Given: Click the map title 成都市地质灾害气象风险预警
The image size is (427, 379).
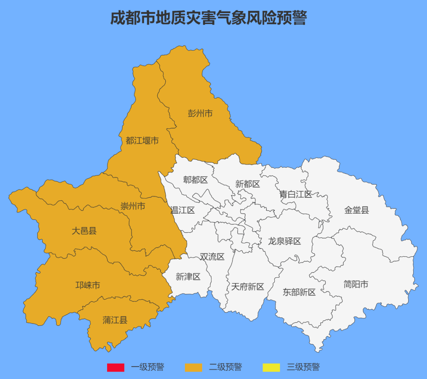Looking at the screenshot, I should pos(208,18).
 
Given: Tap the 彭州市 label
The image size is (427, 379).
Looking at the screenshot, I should pos(200,114).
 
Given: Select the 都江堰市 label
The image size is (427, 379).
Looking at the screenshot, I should pos(142,140).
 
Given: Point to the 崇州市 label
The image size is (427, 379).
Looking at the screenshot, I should pos(133,206).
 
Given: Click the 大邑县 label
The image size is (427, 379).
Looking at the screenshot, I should pos(84,231).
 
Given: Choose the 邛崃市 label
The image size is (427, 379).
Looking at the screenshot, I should pos(88,285).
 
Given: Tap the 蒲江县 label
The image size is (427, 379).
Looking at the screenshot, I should pos(115,320).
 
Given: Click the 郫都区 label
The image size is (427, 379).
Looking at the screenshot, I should pos(195,180).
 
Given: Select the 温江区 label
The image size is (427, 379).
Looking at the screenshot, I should pos(183,210).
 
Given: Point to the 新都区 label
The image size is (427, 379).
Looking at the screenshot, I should pos(248,184).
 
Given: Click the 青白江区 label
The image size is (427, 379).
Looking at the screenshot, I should pos(296,194).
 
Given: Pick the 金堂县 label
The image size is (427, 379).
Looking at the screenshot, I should pos(357,210).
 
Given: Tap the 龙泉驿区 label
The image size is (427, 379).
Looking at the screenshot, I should pos(285,241).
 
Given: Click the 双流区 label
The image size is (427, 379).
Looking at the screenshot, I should pos(212,257).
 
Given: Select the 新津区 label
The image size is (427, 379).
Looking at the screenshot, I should pos(188,277).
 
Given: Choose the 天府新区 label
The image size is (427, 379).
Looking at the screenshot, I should pos(248,287).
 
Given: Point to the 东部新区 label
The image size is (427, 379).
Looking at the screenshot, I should pos(299,292).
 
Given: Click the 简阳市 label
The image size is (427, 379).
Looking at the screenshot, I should pos(356,284).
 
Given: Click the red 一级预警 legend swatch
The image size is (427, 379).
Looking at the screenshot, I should pos(115,368).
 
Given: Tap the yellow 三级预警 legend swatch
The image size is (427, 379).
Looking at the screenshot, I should pos(271,368).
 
